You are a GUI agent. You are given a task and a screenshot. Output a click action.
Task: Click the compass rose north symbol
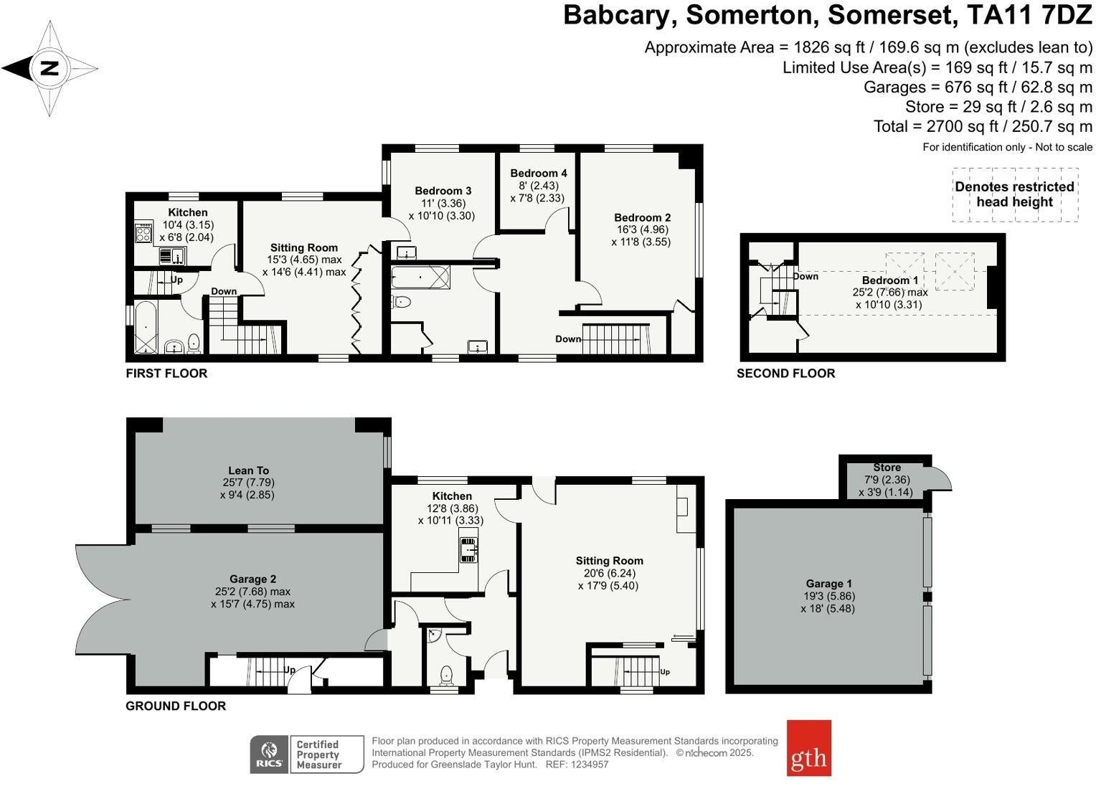tap(49, 69)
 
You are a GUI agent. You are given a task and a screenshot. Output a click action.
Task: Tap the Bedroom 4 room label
tap(539, 173)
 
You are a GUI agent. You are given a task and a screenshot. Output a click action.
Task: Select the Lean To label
tap(248, 470)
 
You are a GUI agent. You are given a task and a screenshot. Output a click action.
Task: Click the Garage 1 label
tap(828, 584)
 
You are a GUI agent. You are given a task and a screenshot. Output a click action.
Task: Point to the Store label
tap(887, 468)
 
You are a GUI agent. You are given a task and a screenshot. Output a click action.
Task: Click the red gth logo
tap(808, 748)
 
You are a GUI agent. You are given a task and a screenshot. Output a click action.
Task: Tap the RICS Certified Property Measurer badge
tap(306, 754)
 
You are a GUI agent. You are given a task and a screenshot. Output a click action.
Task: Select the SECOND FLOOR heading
tap(785, 373)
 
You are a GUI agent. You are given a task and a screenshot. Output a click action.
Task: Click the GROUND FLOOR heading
tap(176, 706)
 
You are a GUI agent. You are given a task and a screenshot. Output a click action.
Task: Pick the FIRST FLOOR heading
tap(166, 373)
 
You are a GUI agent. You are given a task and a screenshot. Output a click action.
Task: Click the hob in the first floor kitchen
tap(143, 234)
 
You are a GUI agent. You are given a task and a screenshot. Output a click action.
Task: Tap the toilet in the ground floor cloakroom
tap(446, 675)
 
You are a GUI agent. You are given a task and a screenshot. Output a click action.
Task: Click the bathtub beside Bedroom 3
tap(420, 278)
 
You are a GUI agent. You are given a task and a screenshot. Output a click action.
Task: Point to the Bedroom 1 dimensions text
tap(889, 298)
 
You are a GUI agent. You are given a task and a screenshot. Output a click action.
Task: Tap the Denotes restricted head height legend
tap(1014, 194)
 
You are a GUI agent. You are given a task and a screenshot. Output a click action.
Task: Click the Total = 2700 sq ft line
tap(983, 127)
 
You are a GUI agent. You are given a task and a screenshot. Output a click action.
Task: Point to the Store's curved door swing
tap(942, 479)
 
